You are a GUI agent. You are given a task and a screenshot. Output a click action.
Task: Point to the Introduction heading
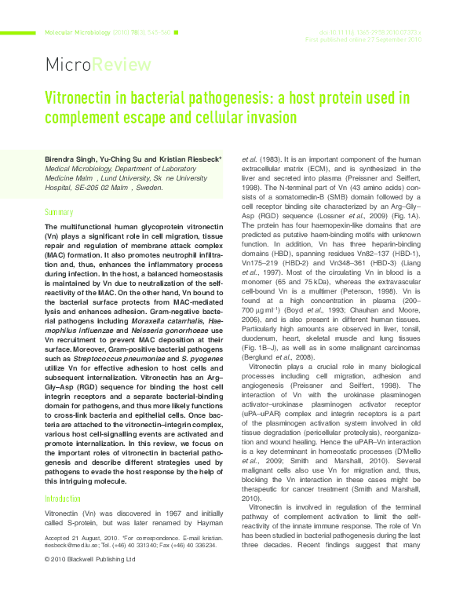(63, 477)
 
